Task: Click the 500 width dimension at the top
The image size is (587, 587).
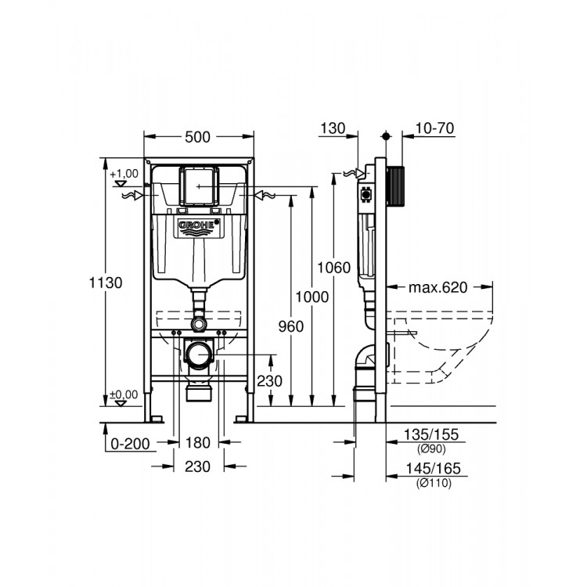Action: (198, 137)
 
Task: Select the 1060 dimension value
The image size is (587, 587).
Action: (333, 268)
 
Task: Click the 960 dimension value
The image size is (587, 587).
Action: (290, 326)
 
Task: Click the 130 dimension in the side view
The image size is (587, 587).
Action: (333, 128)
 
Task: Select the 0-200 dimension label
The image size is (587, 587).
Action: (130, 444)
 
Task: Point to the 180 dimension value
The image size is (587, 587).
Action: (199, 444)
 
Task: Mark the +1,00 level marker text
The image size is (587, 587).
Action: (124, 173)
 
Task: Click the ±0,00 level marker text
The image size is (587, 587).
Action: (124, 394)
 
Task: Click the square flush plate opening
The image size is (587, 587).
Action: (199, 186)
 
